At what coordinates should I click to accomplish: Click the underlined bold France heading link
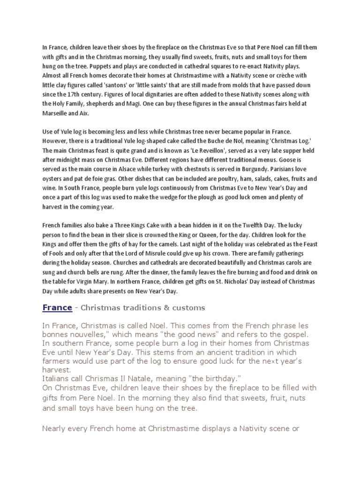pos(57,307)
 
